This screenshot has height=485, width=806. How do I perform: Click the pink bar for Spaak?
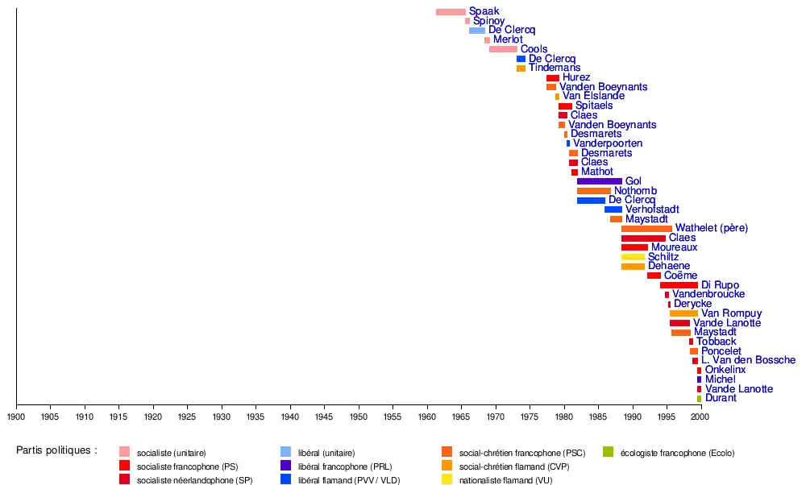click(x=451, y=12)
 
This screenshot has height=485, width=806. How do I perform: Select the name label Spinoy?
click(x=488, y=21)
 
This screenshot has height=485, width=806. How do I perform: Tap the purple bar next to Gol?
click(x=599, y=181)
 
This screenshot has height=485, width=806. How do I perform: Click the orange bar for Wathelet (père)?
click(x=646, y=229)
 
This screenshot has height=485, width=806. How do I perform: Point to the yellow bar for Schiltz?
click(x=633, y=257)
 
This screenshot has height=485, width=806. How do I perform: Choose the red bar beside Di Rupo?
click(x=679, y=285)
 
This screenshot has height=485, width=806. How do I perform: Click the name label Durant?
click(x=720, y=398)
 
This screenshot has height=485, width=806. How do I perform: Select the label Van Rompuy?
click(x=731, y=313)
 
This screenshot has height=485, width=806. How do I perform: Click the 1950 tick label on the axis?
click(x=359, y=417)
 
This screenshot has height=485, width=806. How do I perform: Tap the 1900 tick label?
click(x=16, y=417)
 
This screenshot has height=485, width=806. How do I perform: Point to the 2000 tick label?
click(x=700, y=417)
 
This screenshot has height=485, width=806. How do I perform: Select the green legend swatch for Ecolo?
click(x=609, y=452)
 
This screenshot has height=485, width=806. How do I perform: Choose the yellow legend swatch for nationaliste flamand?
click(x=447, y=480)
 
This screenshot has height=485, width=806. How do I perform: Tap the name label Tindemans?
click(x=555, y=68)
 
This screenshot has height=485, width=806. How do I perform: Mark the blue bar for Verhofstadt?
click(x=613, y=209)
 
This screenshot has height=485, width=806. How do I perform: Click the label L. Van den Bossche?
click(x=748, y=360)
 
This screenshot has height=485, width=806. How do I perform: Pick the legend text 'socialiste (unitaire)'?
click(x=171, y=453)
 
